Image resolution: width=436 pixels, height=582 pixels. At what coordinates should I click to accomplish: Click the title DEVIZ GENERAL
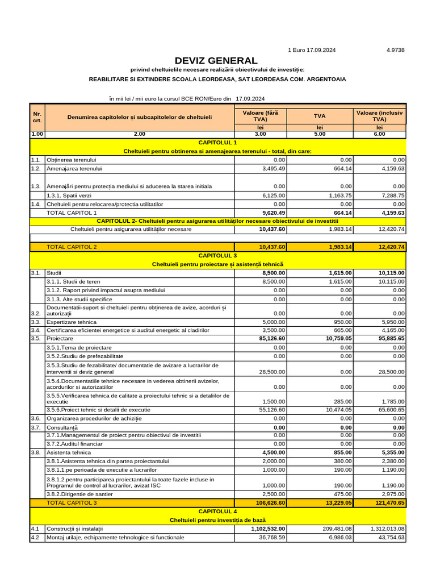coord(216,60)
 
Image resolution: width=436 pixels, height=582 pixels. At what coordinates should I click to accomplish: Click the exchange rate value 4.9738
coord(395,50)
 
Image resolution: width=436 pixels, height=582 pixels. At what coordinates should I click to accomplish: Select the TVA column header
coord(320,115)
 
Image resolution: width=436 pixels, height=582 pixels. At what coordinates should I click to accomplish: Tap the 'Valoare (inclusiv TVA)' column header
coord(379,115)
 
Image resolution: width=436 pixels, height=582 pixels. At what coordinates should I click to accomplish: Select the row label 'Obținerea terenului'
coord(72,160)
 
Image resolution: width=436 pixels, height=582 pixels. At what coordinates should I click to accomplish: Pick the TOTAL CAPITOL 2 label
coord(72,247)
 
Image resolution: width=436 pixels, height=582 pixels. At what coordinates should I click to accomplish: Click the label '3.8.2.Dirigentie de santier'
coord(79,494)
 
